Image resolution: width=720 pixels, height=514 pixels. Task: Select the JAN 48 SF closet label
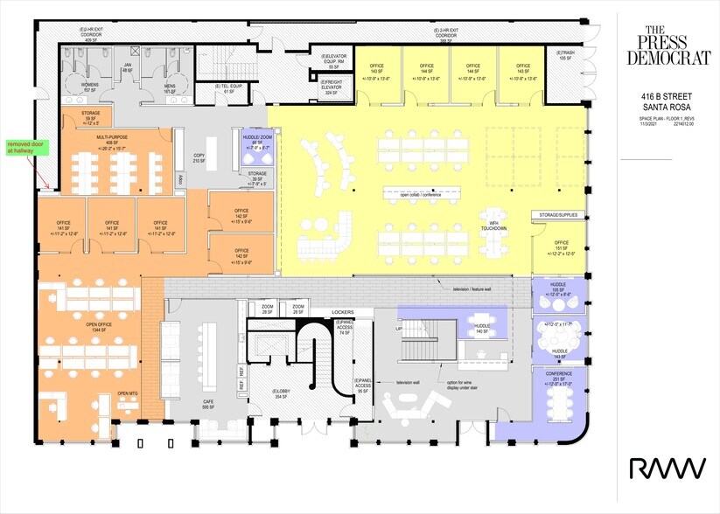coord(127,67)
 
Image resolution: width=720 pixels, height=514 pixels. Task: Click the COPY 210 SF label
coord(198,158)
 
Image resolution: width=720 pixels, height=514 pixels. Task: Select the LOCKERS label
coord(342,311)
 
